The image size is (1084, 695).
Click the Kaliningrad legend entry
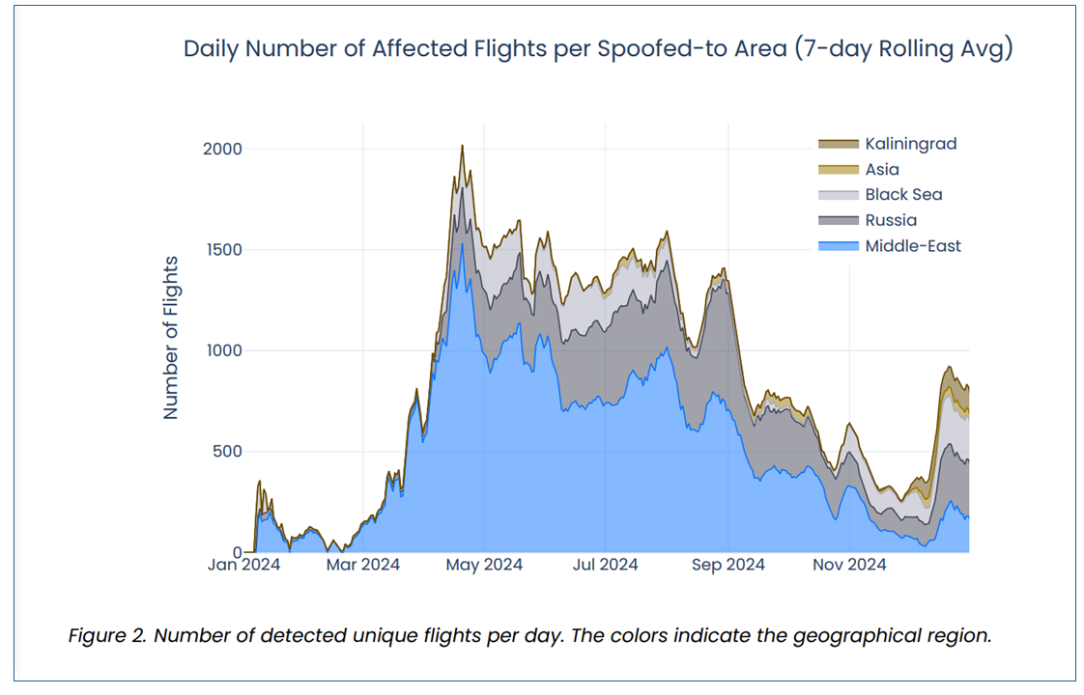pos(888,144)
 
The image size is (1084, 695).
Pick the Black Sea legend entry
pos(880,195)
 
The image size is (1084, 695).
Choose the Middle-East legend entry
pos(890,246)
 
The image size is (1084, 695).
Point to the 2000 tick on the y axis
pos(222,150)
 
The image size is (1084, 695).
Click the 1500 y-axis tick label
pos(224,250)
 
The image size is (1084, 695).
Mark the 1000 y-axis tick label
pos(224,351)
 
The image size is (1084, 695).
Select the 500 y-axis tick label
pos(227,452)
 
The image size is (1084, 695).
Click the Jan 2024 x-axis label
pos(244,565)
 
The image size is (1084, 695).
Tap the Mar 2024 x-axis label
pos(363,565)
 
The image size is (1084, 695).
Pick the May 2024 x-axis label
pos(484,565)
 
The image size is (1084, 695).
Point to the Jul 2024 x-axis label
pos(605,565)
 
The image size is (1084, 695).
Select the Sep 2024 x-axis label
pos(727,565)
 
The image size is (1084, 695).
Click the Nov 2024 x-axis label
pos(849,565)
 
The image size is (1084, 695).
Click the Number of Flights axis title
pos(170,338)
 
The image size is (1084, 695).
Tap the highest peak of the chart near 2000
pos(463,146)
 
